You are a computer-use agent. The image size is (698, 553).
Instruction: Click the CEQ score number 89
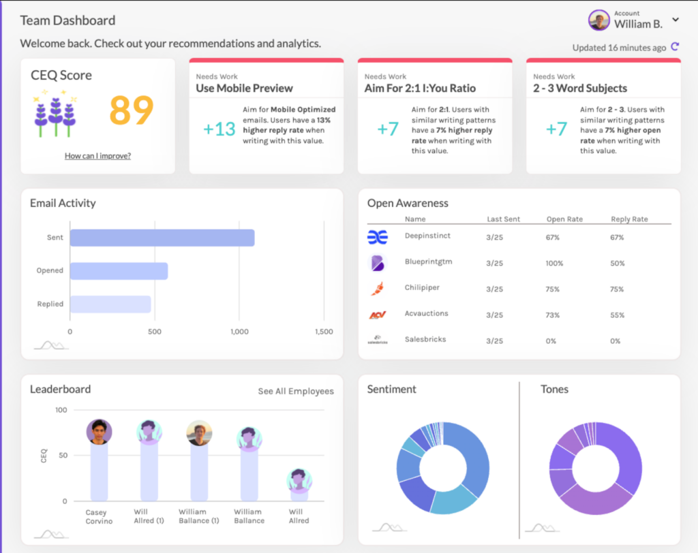pyautogui.click(x=132, y=110)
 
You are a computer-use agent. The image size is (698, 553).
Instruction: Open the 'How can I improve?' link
pyautogui.click(x=97, y=156)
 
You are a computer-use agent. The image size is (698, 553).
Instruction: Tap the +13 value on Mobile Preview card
pyautogui.click(x=219, y=129)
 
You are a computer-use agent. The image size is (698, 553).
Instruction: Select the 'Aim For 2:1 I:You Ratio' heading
pyautogui.click(x=420, y=89)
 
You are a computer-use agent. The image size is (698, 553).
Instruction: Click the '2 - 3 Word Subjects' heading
pyautogui.click(x=580, y=89)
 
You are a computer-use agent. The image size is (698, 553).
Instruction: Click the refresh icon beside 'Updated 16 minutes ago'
pyautogui.click(x=675, y=47)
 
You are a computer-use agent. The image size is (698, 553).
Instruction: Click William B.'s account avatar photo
pyautogui.click(x=599, y=20)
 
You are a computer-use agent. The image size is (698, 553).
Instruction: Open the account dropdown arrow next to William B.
pyautogui.click(x=676, y=20)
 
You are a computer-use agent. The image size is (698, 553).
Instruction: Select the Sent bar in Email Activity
pyautogui.click(x=162, y=238)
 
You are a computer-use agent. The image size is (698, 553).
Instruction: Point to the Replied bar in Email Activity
pyautogui.click(x=110, y=304)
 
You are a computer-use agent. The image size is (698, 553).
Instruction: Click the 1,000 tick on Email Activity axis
pyautogui.click(x=239, y=332)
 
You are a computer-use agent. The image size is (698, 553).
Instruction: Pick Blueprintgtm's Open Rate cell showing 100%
pyautogui.click(x=556, y=263)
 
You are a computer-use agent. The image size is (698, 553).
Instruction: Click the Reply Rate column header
pyautogui.click(x=629, y=219)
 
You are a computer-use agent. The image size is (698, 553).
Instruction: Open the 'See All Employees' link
pyautogui.click(x=296, y=391)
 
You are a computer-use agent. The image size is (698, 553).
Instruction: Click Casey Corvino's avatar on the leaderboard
pyautogui.click(x=100, y=432)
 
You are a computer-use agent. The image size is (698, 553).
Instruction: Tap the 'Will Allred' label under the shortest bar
pyautogui.click(x=299, y=516)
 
